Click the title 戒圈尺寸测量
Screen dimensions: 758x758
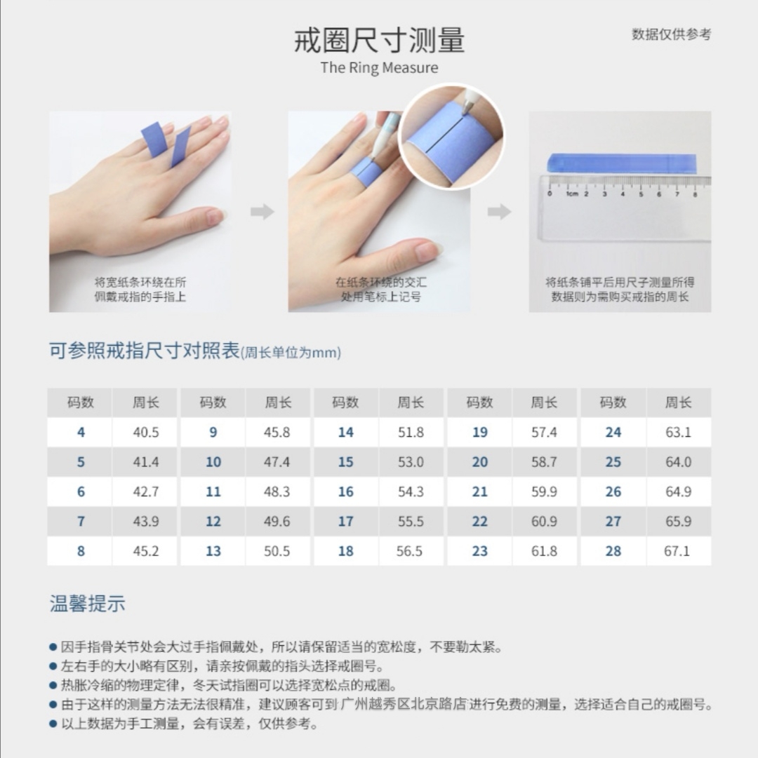tap(379, 40)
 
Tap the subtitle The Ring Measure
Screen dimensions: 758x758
tap(379, 68)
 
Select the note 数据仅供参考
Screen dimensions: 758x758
tap(671, 34)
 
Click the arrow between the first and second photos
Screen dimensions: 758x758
tap(262, 211)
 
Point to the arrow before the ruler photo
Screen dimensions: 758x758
tap(499, 211)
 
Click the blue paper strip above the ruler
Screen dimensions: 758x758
tap(622, 163)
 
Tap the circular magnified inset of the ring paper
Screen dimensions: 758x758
tap(451, 136)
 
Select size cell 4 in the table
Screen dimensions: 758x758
tap(81, 432)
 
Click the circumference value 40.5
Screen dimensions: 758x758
tap(145, 432)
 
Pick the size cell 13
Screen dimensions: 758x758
tap(213, 551)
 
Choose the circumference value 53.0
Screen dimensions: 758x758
tap(411, 462)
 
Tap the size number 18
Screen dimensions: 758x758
tap(345, 551)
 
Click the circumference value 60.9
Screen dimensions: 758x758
tap(544, 522)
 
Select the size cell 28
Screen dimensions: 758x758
tap(613, 551)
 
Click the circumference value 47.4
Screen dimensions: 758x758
tap(277, 462)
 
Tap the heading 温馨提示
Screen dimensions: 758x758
tap(88, 604)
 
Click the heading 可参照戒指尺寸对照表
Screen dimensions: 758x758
tap(144, 351)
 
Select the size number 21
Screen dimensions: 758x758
tap(479, 492)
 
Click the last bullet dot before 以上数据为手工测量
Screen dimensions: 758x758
tap(53, 724)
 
